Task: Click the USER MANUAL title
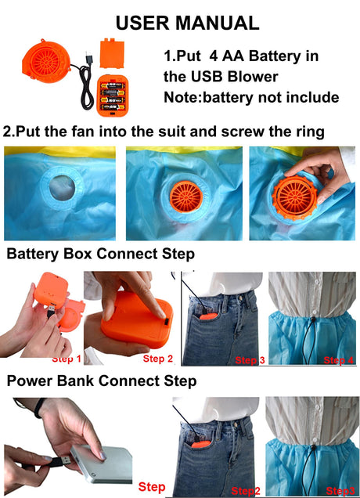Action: (x=187, y=23)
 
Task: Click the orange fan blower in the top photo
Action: (x=46, y=61)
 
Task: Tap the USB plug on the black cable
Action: (x=88, y=59)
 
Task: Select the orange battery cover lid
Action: (x=112, y=53)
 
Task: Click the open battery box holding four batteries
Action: (x=113, y=96)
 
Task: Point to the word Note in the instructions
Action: (x=181, y=97)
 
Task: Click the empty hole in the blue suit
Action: (x=63, y=188)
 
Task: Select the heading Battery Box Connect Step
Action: (x=101, y=254)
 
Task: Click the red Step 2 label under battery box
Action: (x=158, y=359)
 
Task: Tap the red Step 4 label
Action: (x=338, y=360)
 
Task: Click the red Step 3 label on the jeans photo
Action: (x=250, y=360)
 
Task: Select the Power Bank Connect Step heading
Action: (x=102, y=381)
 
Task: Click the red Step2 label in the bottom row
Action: (x=246, y=491)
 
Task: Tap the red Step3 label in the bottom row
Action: (x=340, y=491)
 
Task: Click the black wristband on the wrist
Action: (x=40, y=407)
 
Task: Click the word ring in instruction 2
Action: (x=311, y=132)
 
